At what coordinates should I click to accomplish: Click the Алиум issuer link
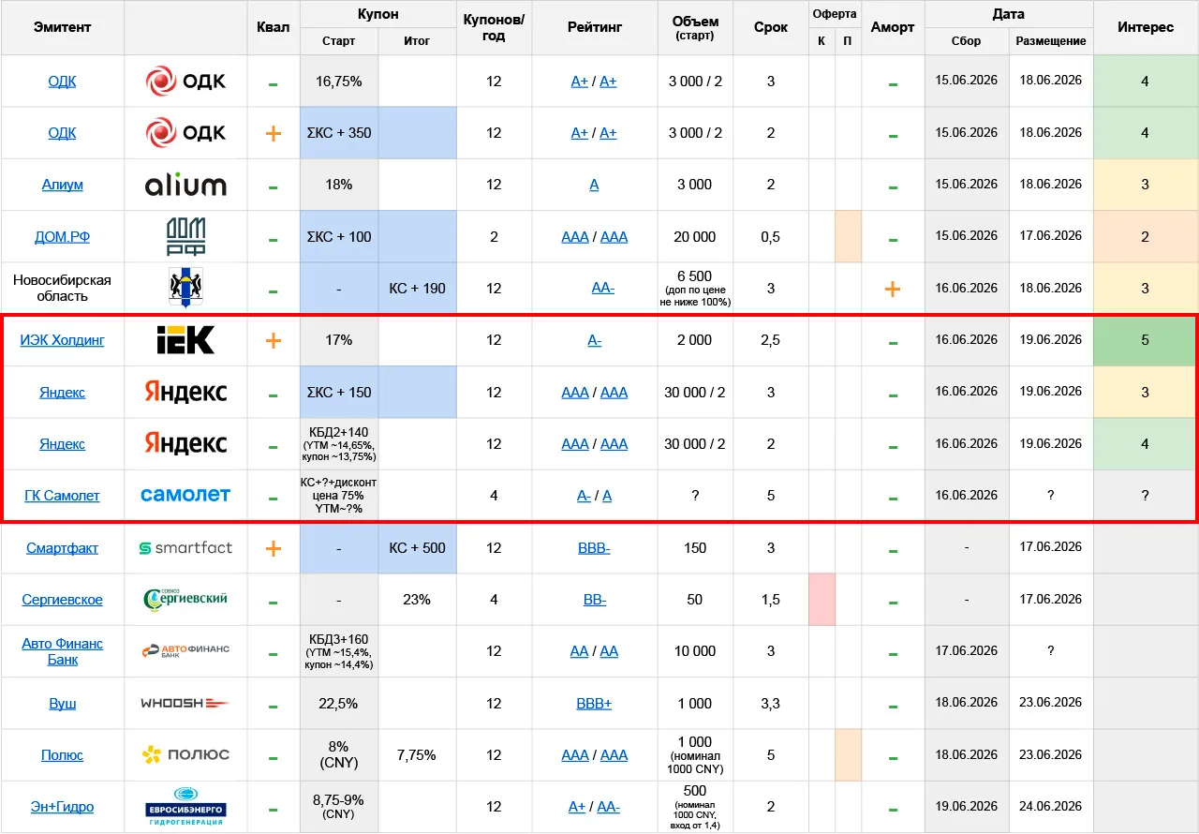[62, 185]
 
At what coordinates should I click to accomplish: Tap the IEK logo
[185, 340]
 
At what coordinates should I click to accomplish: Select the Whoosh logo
[185, 703]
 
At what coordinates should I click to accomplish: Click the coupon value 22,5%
[338, 703]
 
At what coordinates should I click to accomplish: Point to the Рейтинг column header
[594, 27]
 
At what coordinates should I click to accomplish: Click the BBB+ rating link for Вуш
[594, 704]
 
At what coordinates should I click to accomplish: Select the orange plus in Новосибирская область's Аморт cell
[893, 289]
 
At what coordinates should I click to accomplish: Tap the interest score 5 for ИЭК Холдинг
[1145, 340]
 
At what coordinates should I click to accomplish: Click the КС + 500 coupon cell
[417, 548]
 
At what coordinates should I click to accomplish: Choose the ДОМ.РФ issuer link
[62, 236]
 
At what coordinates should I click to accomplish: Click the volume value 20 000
[694, 236]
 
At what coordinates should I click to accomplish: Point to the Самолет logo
[185, 495]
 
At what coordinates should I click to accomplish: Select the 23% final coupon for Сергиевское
[417, 600]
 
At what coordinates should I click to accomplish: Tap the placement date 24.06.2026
[1050, 806]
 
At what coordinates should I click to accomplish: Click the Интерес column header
[1146, 27]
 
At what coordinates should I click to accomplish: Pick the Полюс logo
[185, 754]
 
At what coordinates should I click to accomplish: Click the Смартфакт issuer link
[62, 548]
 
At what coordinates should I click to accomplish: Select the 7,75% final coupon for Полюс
[417, 755]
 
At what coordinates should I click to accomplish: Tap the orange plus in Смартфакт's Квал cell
[273, 549]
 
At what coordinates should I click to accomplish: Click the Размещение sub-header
[1051, 41]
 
